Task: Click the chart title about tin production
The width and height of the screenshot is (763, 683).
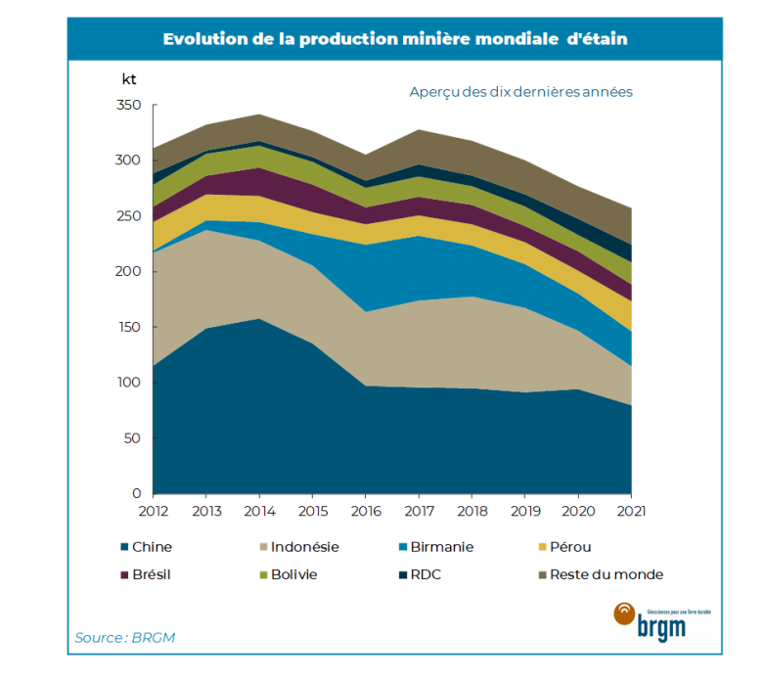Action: [395, 39]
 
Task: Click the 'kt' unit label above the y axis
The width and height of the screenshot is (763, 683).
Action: [129, 78]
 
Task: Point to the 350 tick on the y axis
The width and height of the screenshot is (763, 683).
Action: [129, 106]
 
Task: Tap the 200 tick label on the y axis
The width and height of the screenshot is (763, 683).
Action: [129, 272]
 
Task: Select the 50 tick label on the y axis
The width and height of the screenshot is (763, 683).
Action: [133, 438]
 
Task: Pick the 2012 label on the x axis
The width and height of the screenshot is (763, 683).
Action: [153, 512]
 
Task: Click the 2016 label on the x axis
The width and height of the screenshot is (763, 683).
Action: [365, 512]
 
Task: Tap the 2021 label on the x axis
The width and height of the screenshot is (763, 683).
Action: [631, 512]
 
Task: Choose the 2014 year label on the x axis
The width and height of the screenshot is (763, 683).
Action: [258, 512]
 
